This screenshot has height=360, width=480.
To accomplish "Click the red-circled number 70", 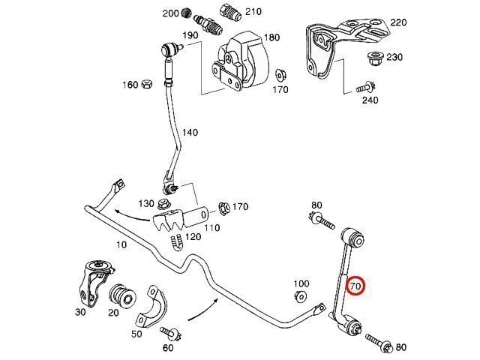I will point(355,286).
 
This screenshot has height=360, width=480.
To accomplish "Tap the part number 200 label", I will point(170,13).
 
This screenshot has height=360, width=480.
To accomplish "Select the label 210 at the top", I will point(253,12).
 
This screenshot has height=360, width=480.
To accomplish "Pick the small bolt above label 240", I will point(367,86).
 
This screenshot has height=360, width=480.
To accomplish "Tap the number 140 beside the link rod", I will point(190,133).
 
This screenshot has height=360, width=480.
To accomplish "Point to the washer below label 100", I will point(300,297).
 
